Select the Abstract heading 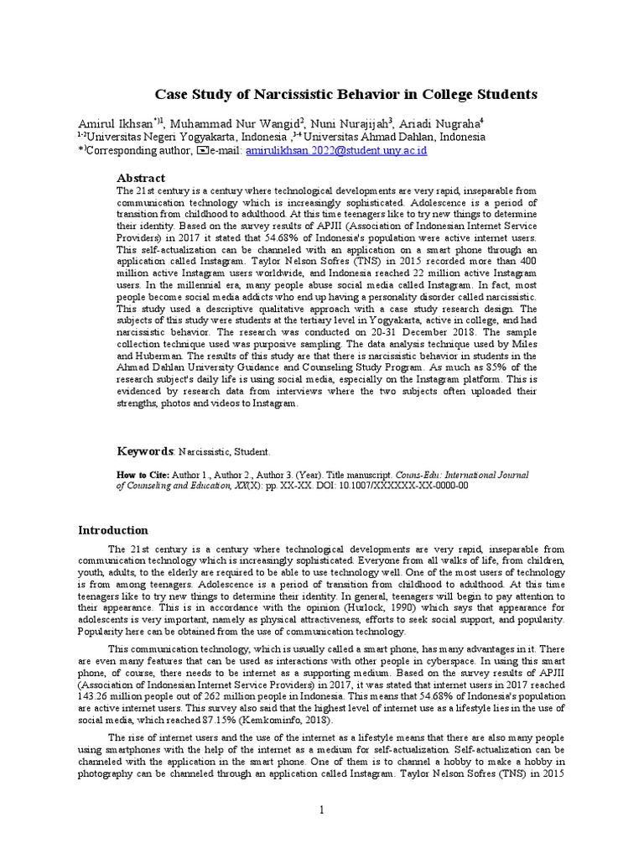140,178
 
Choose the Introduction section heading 113,530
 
